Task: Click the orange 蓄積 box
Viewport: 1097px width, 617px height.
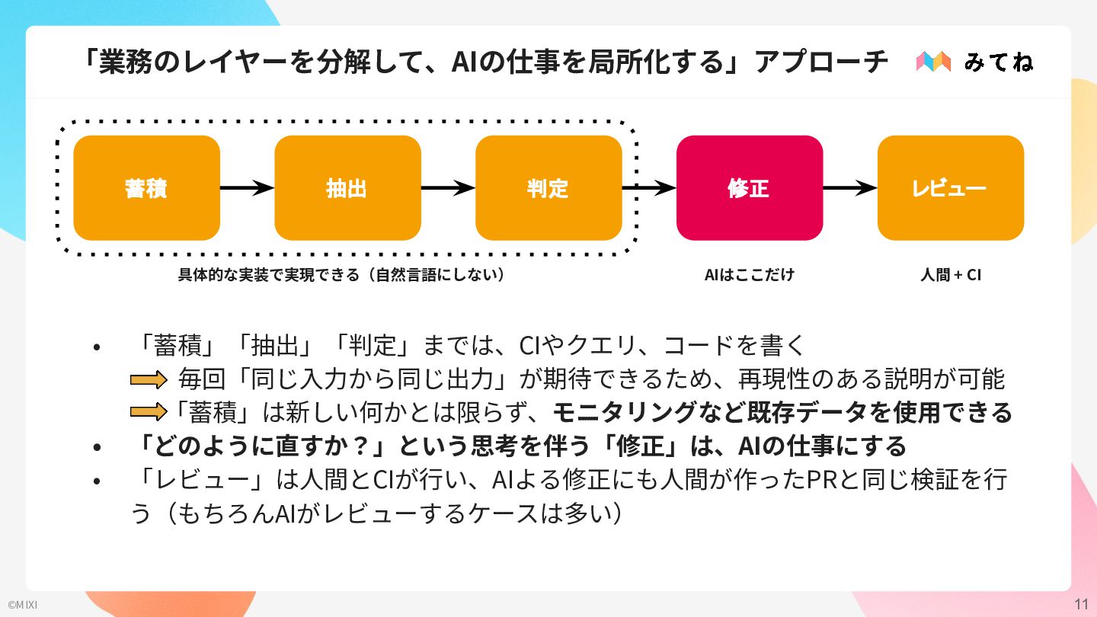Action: click(x=146, y=188)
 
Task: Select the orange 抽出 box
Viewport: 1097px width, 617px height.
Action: click(x=347, y=188)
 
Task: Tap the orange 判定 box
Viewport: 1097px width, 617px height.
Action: click(x=548, y=188)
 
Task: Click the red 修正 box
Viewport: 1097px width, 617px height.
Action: click(x=750, y=188)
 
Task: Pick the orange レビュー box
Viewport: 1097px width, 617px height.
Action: click(x=951, y=188)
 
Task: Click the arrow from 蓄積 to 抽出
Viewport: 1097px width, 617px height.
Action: click(x=248, y=187)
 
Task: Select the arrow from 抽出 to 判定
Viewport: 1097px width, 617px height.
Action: click(x=448, y=187)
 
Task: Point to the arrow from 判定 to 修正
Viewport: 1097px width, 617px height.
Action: click(x=649, y=187)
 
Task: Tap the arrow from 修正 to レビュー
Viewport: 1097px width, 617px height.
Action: click(x=850, y=187)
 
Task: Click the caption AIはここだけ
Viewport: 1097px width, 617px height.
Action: click(x=750, y=275)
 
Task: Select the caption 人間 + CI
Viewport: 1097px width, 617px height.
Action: click(x=951, y=275)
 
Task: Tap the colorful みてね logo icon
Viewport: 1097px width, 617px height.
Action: click(x=933, y=62)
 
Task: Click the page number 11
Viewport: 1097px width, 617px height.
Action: click(x=1081, y=604)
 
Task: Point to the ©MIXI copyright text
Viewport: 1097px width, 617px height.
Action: click(x=23, y=605)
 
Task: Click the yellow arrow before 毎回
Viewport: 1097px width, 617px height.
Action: click(x=149, y=379)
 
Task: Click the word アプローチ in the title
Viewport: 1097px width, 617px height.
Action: click(x=821, y=62)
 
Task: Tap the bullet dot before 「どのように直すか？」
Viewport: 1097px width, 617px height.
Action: click(x=97, y=447)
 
